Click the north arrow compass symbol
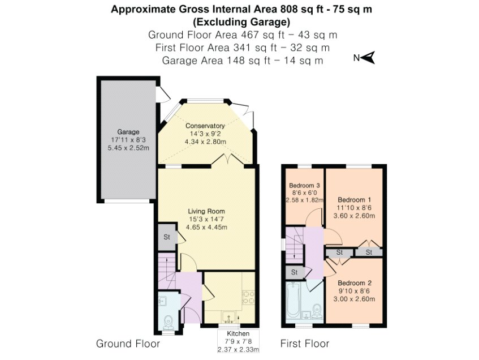369,57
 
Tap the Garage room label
128,132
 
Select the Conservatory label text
205,126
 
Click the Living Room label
206,211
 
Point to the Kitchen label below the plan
238,334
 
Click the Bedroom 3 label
304,185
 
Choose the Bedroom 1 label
355,200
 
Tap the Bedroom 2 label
355,283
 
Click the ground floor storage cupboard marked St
167,237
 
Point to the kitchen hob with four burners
248,297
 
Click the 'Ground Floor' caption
128,344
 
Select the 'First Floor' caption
305,344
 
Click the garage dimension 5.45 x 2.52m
128,148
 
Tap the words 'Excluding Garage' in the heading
241,22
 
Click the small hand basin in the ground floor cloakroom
163,301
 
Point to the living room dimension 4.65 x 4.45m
206,227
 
